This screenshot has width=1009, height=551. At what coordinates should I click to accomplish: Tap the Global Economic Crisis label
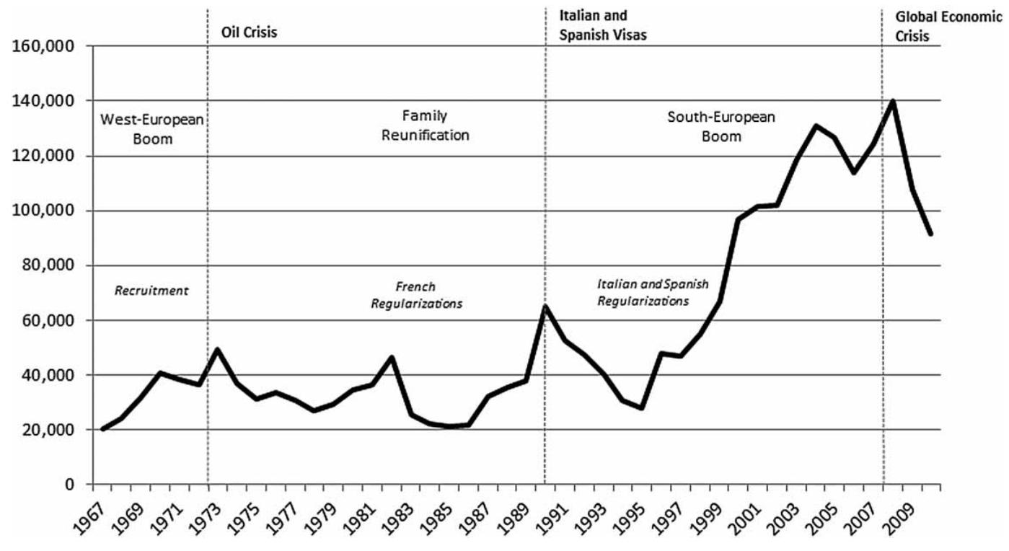pos(948,27)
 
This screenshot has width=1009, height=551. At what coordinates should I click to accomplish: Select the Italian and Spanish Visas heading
pos(603,25)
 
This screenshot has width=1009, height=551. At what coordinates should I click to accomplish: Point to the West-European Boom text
pos(152,128)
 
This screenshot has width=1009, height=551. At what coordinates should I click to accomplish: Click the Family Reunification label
pos(435,125)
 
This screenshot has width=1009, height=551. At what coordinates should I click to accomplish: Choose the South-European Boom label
pos(721,126)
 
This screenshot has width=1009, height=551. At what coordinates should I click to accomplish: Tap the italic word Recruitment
pos(151,291)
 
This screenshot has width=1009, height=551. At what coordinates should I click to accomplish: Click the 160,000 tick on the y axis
pos(50,46)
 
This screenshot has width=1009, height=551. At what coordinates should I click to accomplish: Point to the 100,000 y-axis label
pos(50,211)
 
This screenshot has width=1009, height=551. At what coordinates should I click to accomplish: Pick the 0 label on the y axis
pos(71,485)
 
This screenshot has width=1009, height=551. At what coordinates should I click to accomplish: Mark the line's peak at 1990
pos(545,307)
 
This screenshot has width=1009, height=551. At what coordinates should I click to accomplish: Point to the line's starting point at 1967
pos(103,429)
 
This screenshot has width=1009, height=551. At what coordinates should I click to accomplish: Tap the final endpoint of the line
pos(931,234)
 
